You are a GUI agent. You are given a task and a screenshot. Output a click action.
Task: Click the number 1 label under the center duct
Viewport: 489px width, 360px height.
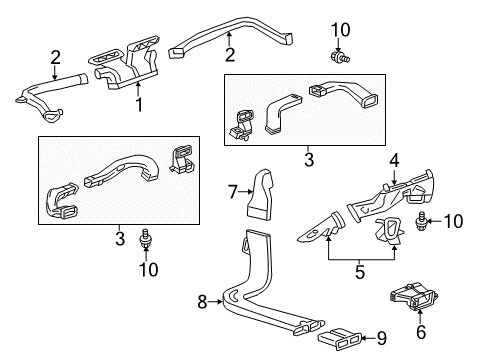click(139, 104)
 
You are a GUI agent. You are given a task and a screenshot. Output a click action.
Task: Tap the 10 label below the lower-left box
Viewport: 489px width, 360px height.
click(148, 268)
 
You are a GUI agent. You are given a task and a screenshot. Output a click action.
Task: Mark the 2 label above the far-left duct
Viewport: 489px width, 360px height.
click(55, 56)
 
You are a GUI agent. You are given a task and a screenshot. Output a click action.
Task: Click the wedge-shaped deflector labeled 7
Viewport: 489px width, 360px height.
click(262, 191)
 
